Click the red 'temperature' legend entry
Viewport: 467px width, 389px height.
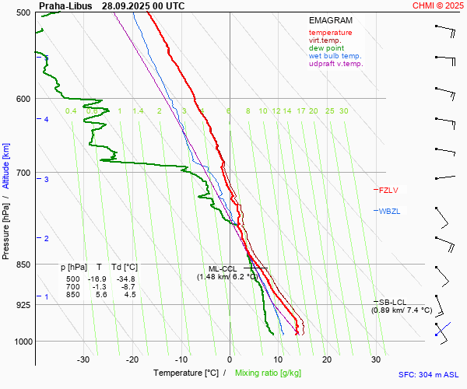click(330, 33)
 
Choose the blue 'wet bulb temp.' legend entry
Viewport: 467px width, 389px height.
click(335, 56)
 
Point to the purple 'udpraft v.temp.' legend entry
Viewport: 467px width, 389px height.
click(335, 64)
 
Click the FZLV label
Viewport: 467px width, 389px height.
click(388, 190)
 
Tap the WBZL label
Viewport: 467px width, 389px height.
click(388, 211)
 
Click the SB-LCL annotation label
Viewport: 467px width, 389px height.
click(392, 302)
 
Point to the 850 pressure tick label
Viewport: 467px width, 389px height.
click(22, 265)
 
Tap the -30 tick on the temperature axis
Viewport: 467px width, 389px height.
click(83, 359)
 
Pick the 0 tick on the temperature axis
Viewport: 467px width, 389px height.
click(230, 359)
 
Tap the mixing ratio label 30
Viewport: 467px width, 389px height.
click(343, 111)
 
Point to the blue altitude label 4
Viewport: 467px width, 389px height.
click(46, 119)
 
